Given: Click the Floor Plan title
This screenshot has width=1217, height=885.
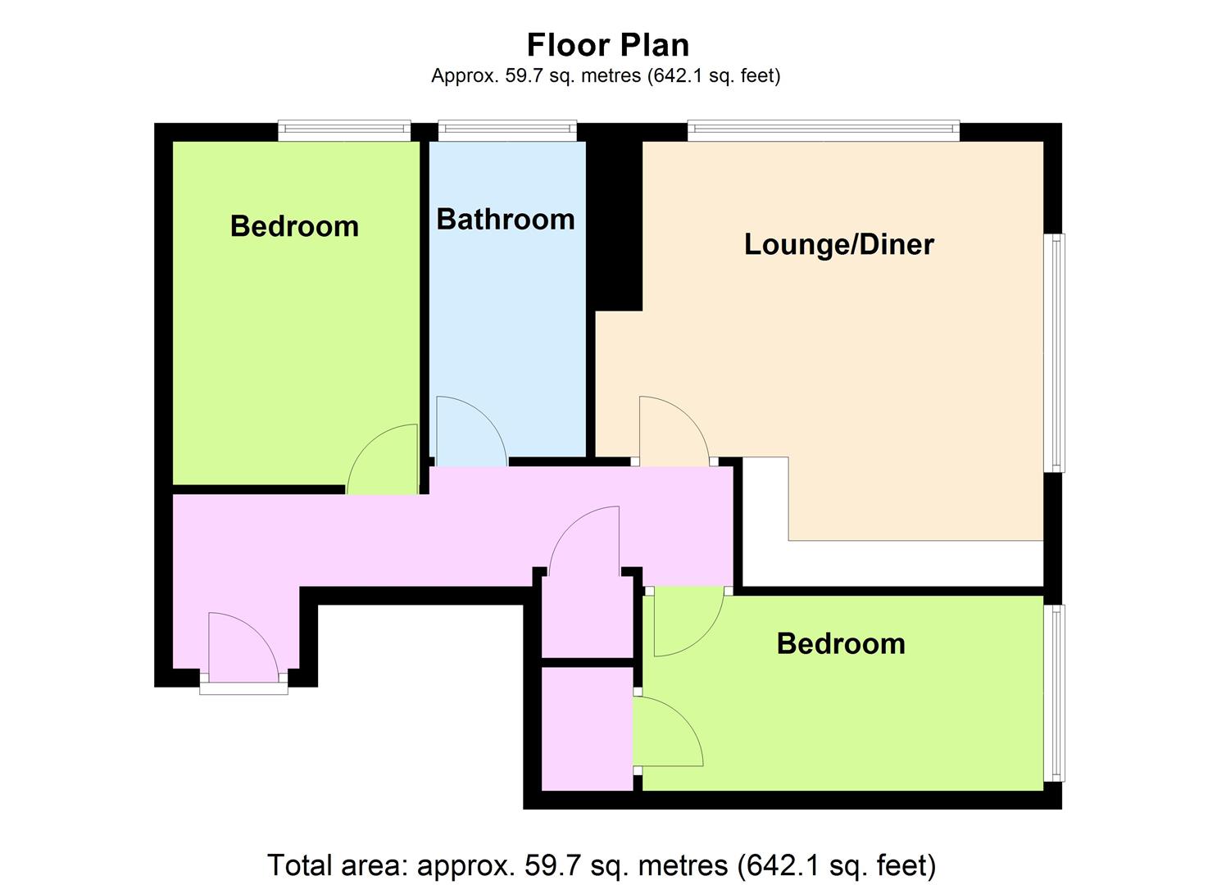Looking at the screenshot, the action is click(608, 44).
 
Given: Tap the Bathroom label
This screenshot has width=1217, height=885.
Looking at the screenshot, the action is click(506, 220).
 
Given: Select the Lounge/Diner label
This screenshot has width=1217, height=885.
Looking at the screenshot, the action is click(839, 244).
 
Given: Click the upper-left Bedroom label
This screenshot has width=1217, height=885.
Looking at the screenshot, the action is click(294, 226).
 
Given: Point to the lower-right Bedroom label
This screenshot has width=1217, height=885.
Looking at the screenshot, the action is click(841, 644).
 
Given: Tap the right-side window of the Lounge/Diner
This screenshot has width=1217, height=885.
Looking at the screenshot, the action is click(1055, 353).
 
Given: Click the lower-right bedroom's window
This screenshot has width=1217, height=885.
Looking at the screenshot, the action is click(1055, 693).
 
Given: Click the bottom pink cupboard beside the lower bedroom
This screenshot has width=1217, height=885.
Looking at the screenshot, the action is click(588, 728).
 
